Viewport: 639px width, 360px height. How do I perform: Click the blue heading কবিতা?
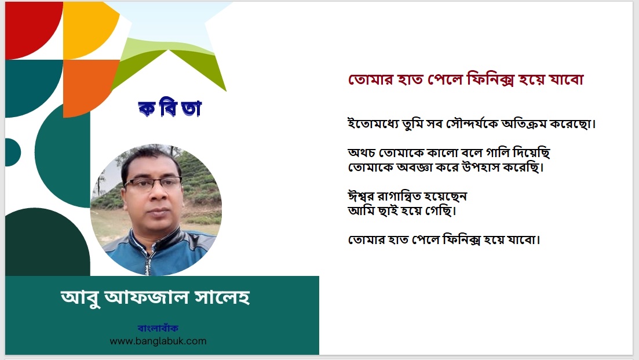[x=170, y=108]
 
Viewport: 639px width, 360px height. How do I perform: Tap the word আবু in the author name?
[x=81, y=298]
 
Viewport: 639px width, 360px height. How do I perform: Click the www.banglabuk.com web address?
[x=158, y=341]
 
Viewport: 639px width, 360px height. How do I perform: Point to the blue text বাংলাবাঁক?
[x=158, y=328]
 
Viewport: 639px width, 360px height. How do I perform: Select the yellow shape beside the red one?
[x=87, y=28]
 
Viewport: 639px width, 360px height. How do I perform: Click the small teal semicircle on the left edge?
[x=12, y=152]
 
